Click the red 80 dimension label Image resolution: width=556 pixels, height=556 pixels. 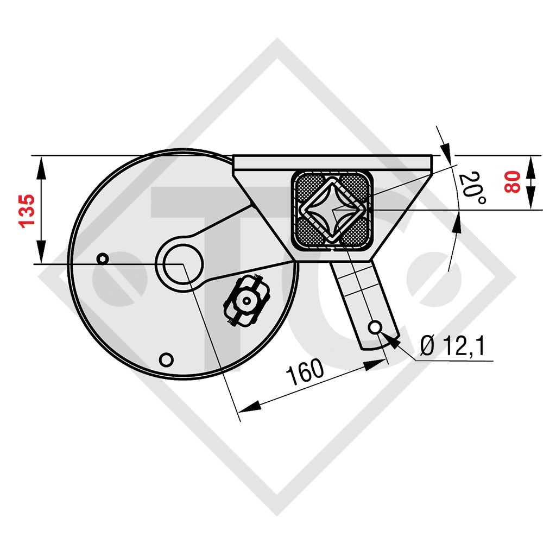[512, 182]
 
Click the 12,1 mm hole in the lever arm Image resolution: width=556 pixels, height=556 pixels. [374, 327]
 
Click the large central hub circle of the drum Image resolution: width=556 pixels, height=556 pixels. [180, 264]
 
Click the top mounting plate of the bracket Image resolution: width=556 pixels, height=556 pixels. [332, 161]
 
